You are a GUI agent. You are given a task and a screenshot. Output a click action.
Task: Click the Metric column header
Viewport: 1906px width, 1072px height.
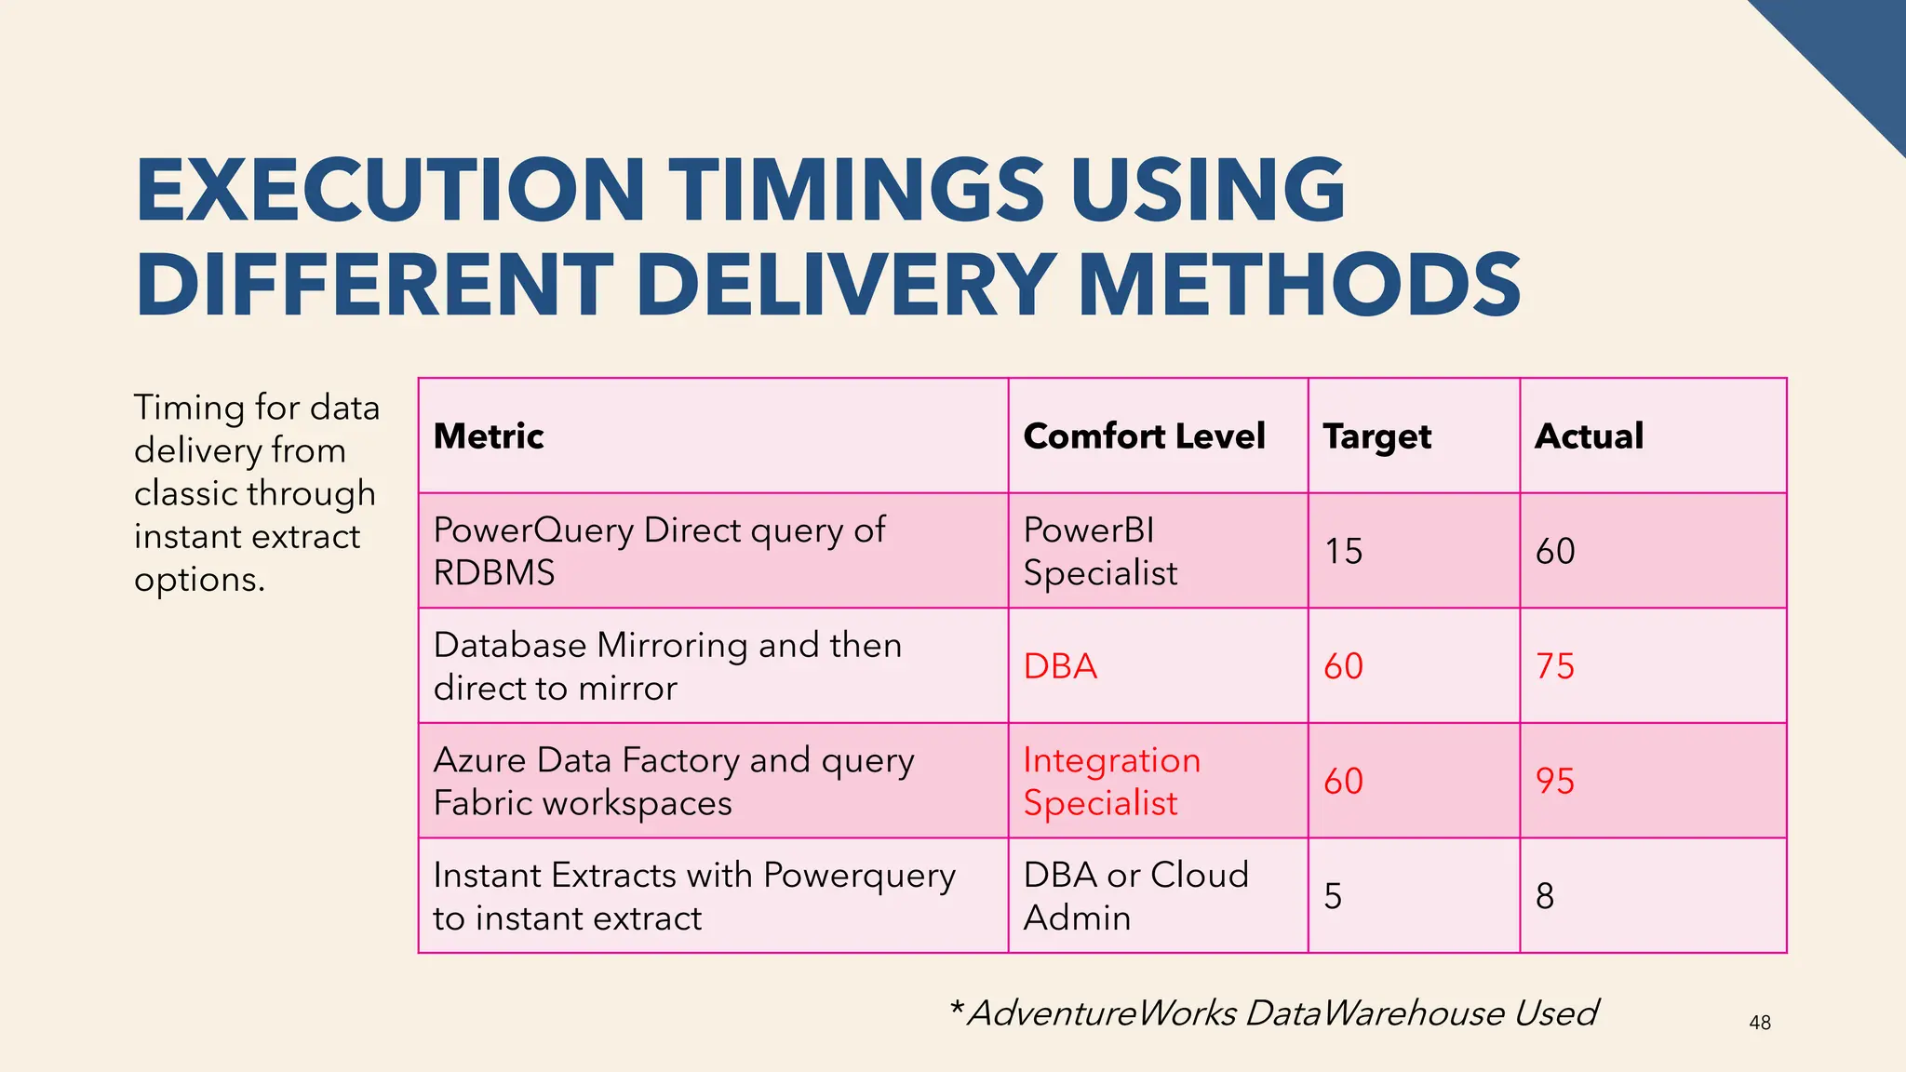[489, 435]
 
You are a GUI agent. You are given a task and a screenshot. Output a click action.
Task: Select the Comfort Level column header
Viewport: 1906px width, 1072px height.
[1144, 435]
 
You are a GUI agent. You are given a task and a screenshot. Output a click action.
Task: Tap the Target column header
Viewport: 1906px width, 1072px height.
[1376, 436]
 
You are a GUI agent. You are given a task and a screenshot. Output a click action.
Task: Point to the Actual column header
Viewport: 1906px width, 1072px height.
[1589, 435]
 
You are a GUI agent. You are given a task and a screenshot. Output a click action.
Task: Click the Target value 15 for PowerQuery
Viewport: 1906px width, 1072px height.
[1343, 551]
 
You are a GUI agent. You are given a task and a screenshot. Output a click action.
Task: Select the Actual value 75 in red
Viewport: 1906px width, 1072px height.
[1554, 666]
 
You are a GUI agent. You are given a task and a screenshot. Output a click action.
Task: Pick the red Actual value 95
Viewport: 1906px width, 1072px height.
[1554, 781]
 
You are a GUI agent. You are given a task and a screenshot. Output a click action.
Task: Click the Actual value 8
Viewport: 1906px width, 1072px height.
[1545, 896]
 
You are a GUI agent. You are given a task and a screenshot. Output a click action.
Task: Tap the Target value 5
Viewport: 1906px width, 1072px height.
[1333, 896]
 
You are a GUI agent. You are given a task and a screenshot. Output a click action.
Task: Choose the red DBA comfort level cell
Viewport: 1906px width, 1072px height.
[1060, 666]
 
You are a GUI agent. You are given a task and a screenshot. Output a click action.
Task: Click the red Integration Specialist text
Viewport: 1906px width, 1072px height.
[1111, 782]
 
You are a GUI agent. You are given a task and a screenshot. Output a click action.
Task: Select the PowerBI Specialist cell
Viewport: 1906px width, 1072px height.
[1100, 551]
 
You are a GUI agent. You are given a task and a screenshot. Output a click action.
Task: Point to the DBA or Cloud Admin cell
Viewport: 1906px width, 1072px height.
[1135, 896]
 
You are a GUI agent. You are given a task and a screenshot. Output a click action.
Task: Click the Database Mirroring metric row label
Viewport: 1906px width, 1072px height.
[667, 666]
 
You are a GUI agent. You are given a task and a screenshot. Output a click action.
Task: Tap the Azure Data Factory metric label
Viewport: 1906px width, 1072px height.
[674, 782]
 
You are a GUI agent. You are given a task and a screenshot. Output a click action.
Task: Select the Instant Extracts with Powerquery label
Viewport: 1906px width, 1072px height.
[693, 896]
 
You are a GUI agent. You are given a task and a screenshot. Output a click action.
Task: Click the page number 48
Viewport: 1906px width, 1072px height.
[1760, 1023]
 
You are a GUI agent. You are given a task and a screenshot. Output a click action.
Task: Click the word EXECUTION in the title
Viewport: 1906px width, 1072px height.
[391, 191]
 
